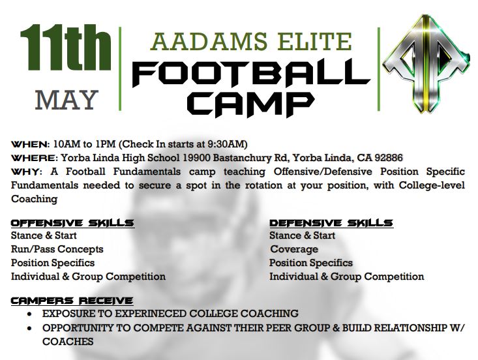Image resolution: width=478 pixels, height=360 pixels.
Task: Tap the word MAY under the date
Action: click(x=66, y=100)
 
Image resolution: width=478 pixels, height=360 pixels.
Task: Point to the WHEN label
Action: click(x=30, y=143)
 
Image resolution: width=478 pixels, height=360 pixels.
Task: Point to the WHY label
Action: click(x=26, y=172)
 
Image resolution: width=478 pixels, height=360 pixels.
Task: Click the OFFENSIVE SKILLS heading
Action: click(x=72, y=223)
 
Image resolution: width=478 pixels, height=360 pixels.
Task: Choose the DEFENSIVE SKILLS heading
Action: click(x=331, y=223)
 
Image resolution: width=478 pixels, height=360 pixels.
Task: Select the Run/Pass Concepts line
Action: click(x=57, y=249)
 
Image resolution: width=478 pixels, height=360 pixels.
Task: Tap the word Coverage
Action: click(x=294, y=249)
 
